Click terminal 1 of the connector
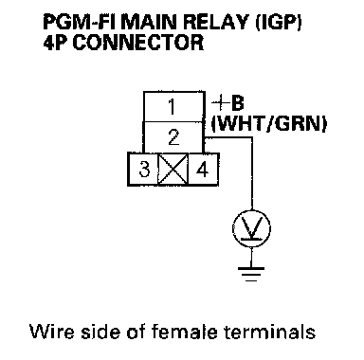[174, 106]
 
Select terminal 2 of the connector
[173, 137]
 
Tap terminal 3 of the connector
[143, 170]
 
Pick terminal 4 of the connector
[203, 170]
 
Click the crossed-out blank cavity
[173, 170]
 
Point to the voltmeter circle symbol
[251, 228]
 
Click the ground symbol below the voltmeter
[251, 274]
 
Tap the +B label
[227, 103]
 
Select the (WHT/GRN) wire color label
[268, 123]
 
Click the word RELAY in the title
[217, 23]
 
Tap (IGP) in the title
[279, 23]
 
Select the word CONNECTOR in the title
[138, 43]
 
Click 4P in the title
[56, 43]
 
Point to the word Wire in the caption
[52, 332]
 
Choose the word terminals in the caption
[269, 332]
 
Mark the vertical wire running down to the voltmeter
[252, 173]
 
